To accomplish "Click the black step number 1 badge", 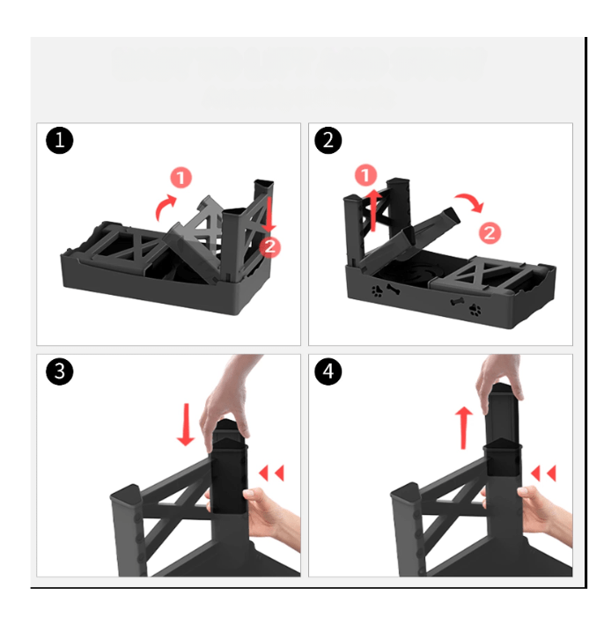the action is tap(60, 141).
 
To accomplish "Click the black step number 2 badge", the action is tap(328, 141).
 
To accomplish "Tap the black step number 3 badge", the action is tap(60, 371).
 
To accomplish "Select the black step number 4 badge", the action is tap(328, 371).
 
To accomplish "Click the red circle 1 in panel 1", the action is tap(181, 177).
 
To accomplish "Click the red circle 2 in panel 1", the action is tap(269, 246).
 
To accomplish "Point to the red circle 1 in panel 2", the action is tap(366, 175).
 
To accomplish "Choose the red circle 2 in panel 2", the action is tap(490, 232).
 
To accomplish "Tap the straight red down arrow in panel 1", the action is tap(269, 215).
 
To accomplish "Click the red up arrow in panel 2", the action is tap(373, 209).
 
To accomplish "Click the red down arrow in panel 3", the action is tap(187, 424).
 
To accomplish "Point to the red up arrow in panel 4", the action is tap(464, 428).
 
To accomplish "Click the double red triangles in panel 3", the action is tap(271, 474).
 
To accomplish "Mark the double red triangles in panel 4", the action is tap(543, 474).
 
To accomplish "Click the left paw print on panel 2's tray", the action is tap(378, 291).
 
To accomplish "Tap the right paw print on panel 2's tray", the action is tap(475, 310).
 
